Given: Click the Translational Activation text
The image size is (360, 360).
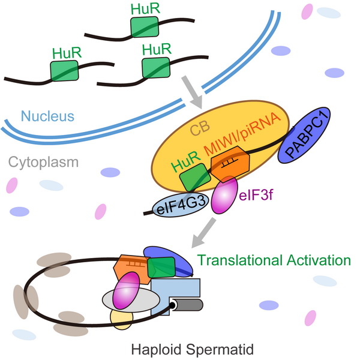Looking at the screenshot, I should pyautogui.click(x=274, y=260).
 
